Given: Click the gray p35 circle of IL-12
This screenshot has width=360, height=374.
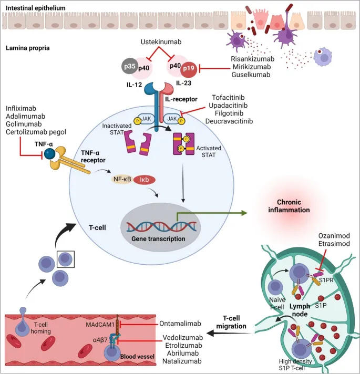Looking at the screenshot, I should point(128,66).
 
